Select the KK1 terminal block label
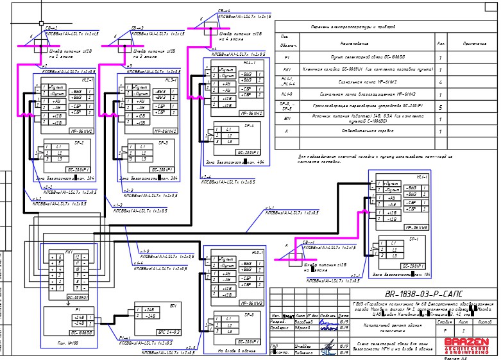point(69,252)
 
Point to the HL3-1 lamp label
point(170,80)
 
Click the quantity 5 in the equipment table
point(441,107)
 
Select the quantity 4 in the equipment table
point(441,82)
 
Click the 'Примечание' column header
point(471,44)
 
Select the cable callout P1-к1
point(124,338)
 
